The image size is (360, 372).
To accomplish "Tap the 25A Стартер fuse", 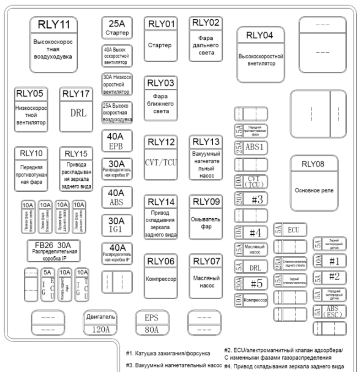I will (x=117, y=28).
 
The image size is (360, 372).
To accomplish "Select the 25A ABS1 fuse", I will (x=251, y=147).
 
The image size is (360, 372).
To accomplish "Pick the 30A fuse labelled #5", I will (x=251, y=284).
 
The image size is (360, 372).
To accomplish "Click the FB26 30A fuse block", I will (x=54, y=248).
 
